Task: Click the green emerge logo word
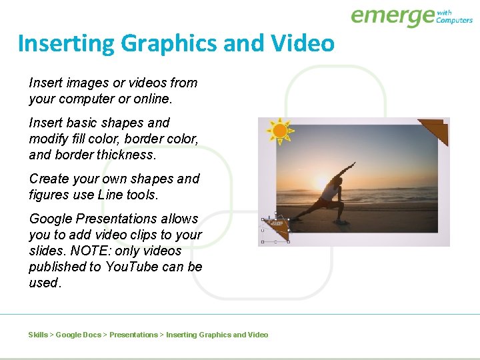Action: tap(392, 16)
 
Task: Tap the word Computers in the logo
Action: tap(454, 21)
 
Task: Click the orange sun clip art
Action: tap(280, 131)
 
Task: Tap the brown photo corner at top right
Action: tap(435, 129)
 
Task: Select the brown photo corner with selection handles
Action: tap(277, 229)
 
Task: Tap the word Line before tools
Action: tap(110, 195)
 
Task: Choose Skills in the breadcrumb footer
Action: tap(38, 335)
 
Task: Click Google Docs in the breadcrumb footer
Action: tap(79, 335)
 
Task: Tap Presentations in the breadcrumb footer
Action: tap(133, 335)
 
